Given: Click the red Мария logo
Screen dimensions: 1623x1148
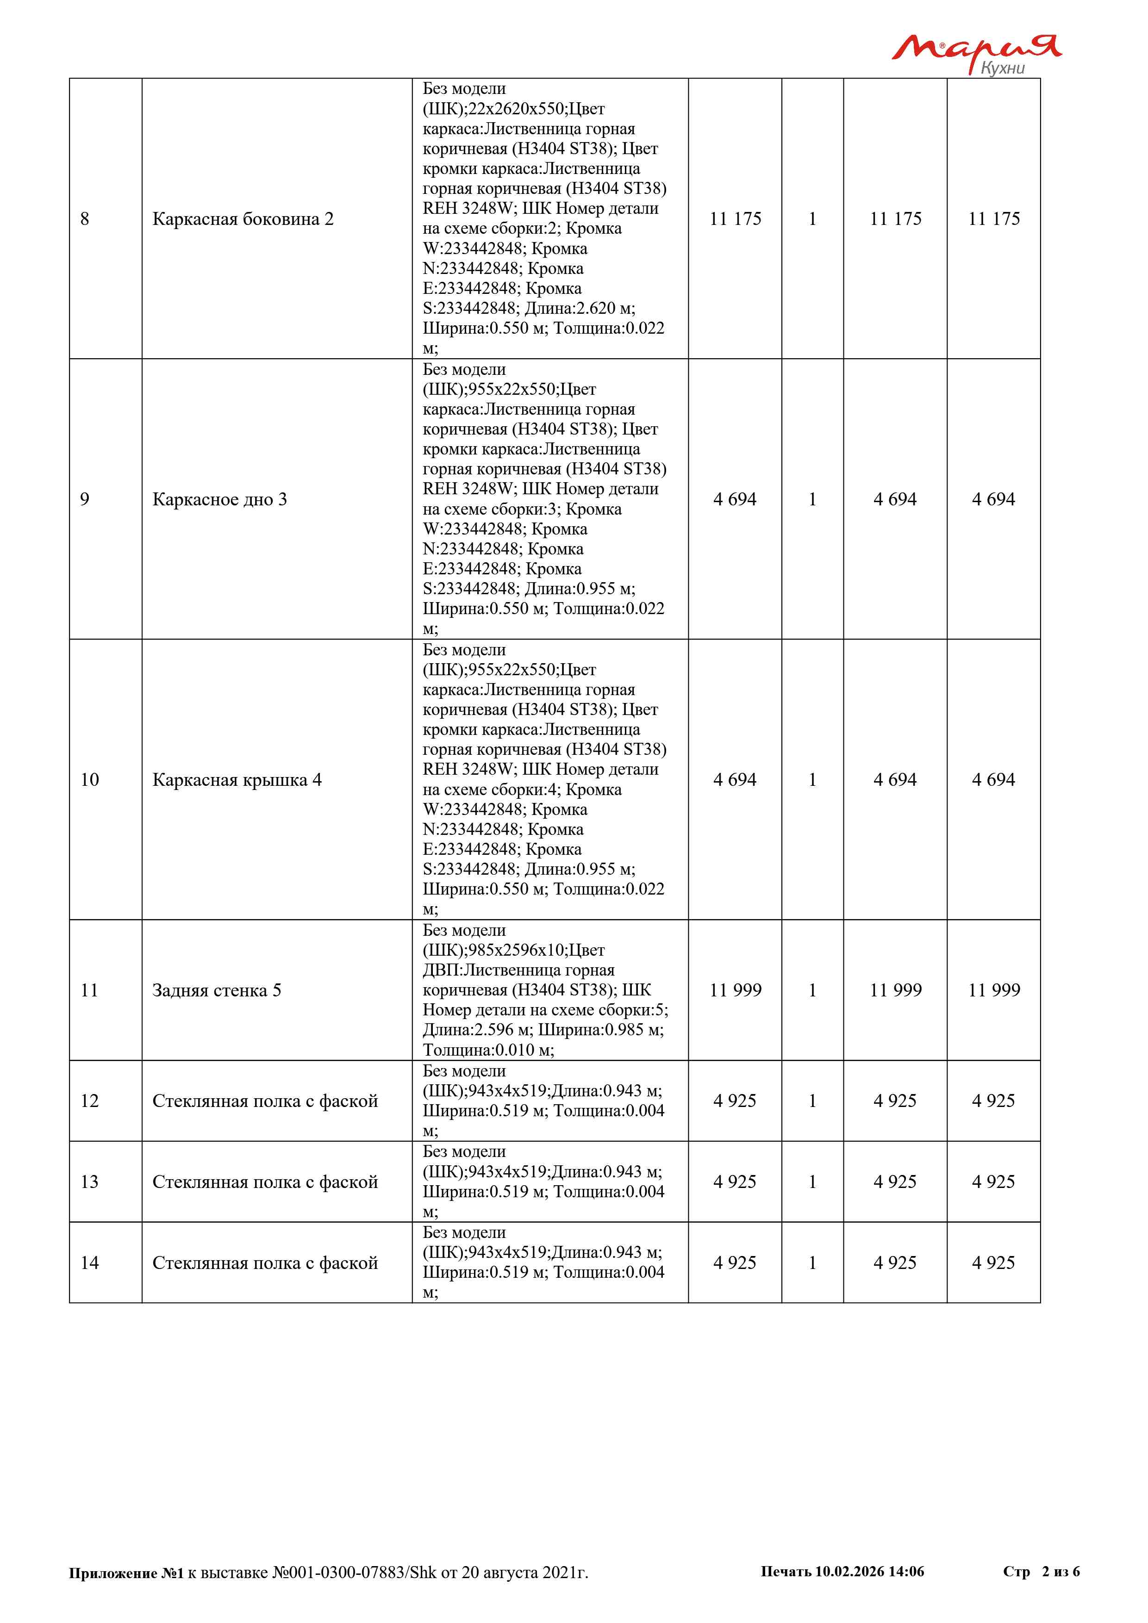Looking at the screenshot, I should click(975, 48).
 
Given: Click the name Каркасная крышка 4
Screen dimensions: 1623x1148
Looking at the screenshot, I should click(237, 780).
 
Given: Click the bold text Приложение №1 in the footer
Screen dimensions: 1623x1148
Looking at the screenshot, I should click(126, 1573).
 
